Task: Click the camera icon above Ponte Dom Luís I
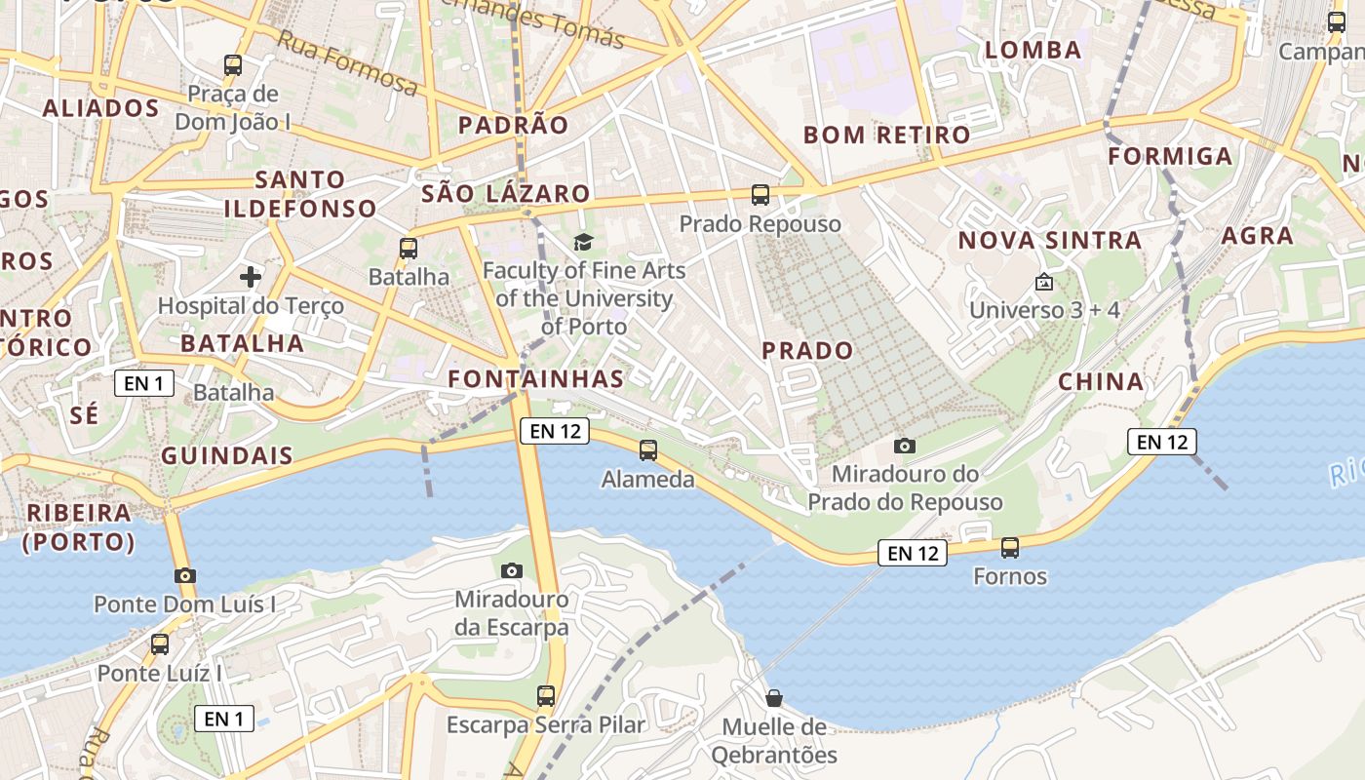point(185,575)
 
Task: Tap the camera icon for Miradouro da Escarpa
point(511,570)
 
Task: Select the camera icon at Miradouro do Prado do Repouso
point(905,446)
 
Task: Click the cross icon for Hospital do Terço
point(251,277)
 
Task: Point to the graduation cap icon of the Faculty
point(583,242)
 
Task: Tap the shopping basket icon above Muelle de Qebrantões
point(774,698)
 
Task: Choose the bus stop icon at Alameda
point(648,450)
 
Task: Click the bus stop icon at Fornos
point(1010,548)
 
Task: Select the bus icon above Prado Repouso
point(760,195)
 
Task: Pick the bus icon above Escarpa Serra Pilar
point(546,696)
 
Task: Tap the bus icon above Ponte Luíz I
point(160,644)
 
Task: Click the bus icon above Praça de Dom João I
point(233,65)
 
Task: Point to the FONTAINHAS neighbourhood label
point(535,378)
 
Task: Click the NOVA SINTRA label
point(1049,240)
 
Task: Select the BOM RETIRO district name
point(886,135)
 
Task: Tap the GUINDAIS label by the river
point(227,455)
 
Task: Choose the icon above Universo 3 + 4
point(1044,282)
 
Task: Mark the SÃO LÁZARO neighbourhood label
point(506,193)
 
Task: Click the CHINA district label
point(1101,381)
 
